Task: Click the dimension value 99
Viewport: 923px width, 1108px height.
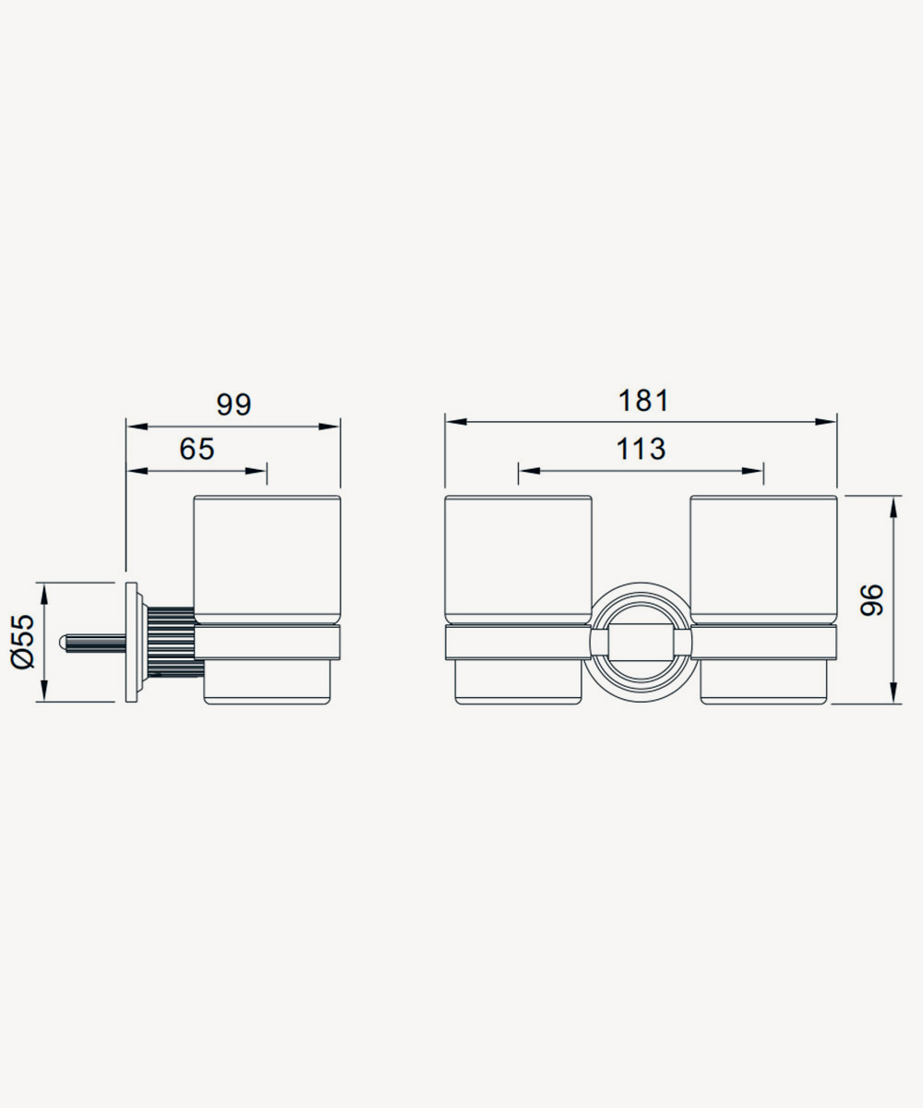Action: point(234,404)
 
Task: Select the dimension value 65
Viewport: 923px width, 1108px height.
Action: point(197,449)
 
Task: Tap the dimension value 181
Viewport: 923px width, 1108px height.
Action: point(643,401)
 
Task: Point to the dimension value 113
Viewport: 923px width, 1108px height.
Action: point(641,449)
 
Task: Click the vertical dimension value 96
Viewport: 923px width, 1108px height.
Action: point(871,599)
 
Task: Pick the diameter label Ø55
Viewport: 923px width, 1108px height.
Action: point(23,642)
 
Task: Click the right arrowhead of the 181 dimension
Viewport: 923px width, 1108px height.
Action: point(826,422)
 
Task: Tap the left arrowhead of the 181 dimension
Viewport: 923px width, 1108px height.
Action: point(456,422)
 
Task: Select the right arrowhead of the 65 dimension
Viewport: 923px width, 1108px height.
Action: point(255,471)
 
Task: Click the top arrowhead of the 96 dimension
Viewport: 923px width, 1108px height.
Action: point(893,507)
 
